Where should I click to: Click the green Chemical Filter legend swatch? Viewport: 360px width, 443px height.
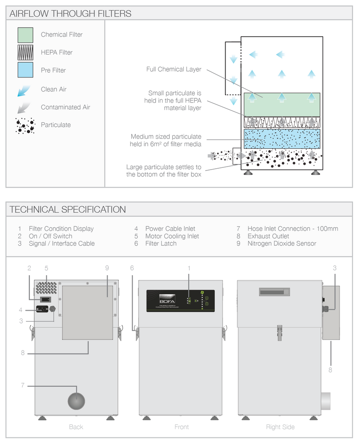tap(25, 35)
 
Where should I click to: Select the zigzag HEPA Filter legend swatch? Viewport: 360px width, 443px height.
tap(25, 52)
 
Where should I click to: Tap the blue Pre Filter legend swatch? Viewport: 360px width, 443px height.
tap(25, 70)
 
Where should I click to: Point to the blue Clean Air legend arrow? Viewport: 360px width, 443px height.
tap(24, 90)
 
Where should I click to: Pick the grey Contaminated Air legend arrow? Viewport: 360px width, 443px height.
tap(24, 107)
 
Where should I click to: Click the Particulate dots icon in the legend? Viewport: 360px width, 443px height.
tap(25, 125)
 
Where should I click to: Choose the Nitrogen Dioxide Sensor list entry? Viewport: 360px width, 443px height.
tap(281, 244)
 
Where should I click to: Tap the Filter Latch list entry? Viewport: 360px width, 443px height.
tap(161, 244)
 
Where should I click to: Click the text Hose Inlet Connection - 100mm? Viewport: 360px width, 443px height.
tap(293, 229)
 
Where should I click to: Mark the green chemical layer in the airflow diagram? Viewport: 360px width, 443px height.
tap(282, 104)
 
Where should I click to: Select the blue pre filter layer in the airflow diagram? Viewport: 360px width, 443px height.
tap(282, 138)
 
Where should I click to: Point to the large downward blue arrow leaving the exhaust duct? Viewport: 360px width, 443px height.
tap(233, 101)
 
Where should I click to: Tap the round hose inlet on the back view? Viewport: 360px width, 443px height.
tap(76, 401)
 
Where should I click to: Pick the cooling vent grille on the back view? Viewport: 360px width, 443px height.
tap(46, 288)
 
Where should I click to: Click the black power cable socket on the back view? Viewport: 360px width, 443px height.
tap(42, 309)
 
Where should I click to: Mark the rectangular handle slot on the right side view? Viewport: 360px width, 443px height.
tap(274, 292)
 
